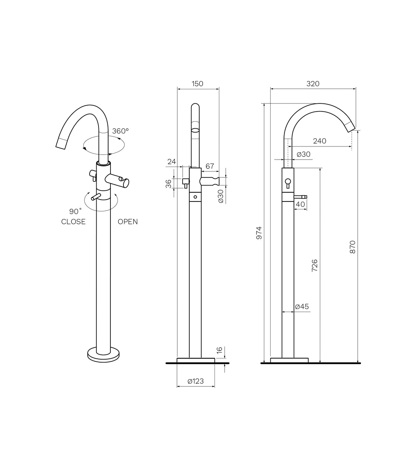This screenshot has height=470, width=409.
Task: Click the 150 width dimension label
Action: tap(197, 84)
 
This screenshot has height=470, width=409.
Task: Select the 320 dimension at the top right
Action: tap(313, 84)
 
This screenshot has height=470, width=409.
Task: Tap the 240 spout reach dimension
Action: tap(319, 141)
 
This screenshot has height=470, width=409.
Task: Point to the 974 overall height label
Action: tap(260, 232)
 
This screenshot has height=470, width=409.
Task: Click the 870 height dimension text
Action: tap(353, 247)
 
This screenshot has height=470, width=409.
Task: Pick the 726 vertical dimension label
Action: tap(314, 265)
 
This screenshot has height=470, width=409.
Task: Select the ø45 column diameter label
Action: tap(302, 307)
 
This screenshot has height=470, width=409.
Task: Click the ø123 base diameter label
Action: tap(196, 381)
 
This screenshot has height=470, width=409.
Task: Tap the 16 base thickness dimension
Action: tap(219, 350)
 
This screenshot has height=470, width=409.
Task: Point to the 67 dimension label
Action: tap(210, 166)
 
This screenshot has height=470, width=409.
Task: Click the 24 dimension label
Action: tap(171, 161)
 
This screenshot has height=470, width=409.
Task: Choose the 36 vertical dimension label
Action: tap(169, 183)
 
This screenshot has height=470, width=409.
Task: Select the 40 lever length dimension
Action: tap(300, 204)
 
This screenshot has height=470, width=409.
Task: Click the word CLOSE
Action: tap(73, 222)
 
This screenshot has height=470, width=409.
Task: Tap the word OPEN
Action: tap(128, 222)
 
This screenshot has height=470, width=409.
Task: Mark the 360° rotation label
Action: tap(120, 131)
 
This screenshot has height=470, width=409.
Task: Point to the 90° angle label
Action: tap(75, 211)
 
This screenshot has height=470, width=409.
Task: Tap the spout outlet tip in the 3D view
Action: tap(61, 143)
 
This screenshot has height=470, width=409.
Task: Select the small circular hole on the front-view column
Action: tap(195, 196)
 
